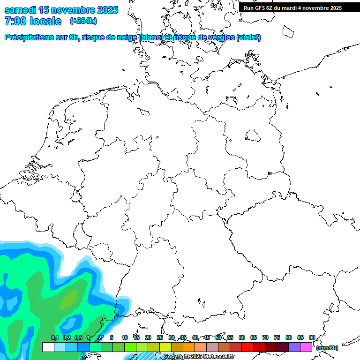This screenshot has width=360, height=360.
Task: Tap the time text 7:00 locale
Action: [33, 21]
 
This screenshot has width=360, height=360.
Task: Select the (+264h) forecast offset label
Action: [83, 21]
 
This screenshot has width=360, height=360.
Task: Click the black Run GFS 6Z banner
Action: [292, 8]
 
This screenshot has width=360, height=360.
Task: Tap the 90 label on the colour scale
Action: [312, 338]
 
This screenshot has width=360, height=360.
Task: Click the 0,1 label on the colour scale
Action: [54, 338]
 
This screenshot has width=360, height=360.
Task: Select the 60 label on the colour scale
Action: [242, 338]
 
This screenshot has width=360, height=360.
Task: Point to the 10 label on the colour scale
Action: [125, 338]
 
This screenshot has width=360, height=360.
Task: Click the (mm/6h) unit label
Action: [327, 348]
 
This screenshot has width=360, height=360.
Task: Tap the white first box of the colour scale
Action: [48, 347]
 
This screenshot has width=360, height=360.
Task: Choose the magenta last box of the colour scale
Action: [306, 347]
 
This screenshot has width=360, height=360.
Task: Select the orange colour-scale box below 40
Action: [189, 347]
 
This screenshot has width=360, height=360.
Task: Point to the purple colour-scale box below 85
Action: [294, 347]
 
